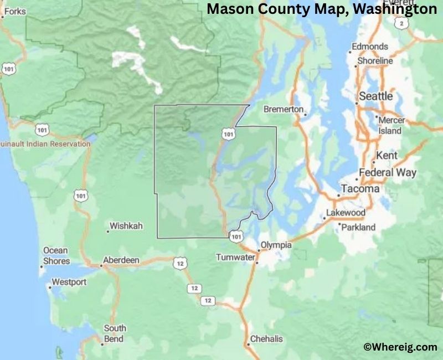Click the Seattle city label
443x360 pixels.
pos(376,96)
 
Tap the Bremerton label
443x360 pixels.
pos(284,109)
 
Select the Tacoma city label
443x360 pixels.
pos(360,188)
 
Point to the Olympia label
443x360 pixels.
pos(276,244)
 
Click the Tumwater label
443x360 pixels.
pos(235,258)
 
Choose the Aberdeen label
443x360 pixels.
pos(121,260)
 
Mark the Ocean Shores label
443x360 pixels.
pos(56,255)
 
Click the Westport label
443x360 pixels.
pos(69,282)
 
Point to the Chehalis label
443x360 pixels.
pos(266,338)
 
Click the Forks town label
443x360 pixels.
pos(14,11)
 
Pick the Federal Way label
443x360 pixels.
pos(388,172)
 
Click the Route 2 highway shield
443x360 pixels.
pos(400,23)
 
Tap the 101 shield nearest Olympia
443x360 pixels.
pos(236,236)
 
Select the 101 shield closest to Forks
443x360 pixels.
pos(8,69)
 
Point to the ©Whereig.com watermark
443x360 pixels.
pos(400,347)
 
